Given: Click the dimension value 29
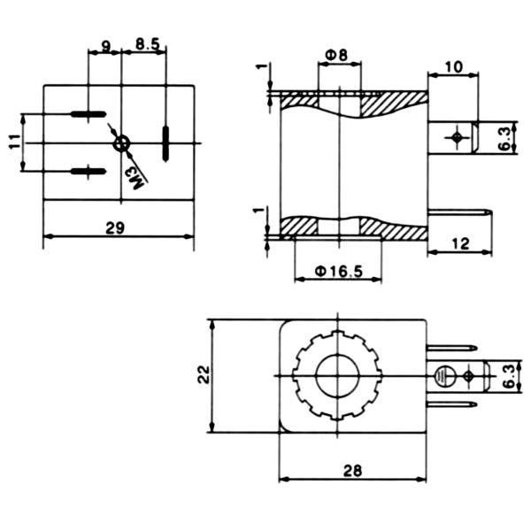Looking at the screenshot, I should [114, 227].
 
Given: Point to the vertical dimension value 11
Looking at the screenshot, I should [15, 142].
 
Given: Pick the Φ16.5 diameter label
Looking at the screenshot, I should [339, 272].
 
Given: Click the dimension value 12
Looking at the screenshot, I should [458, 243].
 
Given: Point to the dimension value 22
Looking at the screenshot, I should [203, 375].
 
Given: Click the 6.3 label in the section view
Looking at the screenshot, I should [504, 137].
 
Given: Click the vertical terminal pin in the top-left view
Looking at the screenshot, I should [165, 142].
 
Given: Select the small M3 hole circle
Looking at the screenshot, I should [122, 142].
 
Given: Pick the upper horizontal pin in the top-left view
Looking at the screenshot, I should [88, 114].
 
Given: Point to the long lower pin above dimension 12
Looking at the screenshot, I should [460, 212].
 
